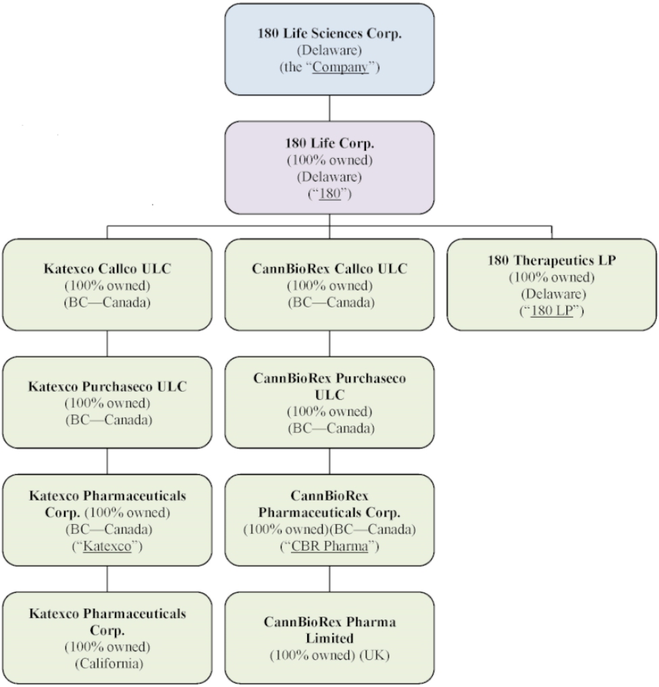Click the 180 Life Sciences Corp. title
pyautogui.click(x=329, y=34)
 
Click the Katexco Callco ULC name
pyautogui.click(x=108, y=268)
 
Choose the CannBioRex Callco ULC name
pyautogui.click(x=329, y=268)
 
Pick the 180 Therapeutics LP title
pyautogui.click(x=552, y=259)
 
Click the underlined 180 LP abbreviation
pyautogui.click(x=552, y=312)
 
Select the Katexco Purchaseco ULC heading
pyautogui.click(x=108, y=387)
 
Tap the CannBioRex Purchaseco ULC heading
pyautogui.click(x=329, y=386)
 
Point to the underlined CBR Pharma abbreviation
pyautogui.click(x=329, y=546)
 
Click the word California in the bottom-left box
pyautogui.click(x=108, y=663)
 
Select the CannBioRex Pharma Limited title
pyautogui.click(x=329, y=629)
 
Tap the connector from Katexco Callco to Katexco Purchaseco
pyautogui.click(x=108, y=343)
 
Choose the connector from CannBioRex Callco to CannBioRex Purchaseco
pyautogui.click(x=329, y=343)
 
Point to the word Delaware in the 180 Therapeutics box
pyautogui.click(x=552, y=295)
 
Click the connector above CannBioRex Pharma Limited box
pyautogui.click(x=329, y=578)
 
